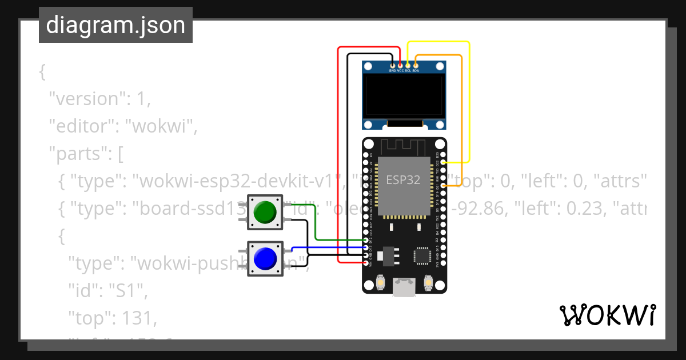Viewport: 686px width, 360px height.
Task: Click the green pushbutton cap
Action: click(x=264, y=212)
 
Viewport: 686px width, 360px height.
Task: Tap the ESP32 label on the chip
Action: click(x=403, y=180)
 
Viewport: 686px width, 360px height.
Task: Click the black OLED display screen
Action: click(x=404, y=97)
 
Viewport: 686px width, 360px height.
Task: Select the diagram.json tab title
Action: click(x=115, y=25)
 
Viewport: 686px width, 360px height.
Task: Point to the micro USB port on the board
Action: click(x=404, y=287)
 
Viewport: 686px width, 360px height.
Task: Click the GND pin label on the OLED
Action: click(x=392, y=71)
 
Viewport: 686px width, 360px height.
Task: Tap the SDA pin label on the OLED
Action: click(x=416, y=71)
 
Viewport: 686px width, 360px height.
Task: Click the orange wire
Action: click(x=461, y=114)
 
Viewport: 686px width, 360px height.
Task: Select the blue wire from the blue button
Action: click(x=326, y=247)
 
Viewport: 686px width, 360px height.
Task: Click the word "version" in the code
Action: click(x=87, y=99)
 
